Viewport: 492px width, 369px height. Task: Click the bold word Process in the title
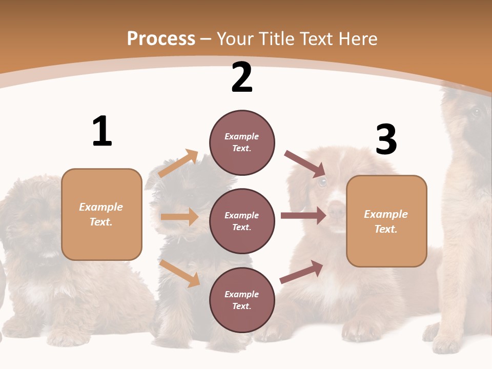[161, 38]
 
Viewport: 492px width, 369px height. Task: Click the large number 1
[102, 131]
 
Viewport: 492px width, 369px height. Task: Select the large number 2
[242, 77]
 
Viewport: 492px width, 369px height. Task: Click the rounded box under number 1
[101, 214]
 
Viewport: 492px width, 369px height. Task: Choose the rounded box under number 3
[386, 221]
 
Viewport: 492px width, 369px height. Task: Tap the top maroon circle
[242, 142]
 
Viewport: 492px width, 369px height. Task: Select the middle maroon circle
[242, 221]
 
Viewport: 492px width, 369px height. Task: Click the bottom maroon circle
[242, 300]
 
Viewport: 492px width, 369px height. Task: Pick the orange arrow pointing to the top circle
[178, 163]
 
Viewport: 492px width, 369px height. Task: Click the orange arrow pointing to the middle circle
[179, 217]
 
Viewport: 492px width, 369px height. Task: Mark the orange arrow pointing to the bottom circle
[180, 273]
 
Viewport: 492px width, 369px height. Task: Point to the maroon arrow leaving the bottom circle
[302, 272]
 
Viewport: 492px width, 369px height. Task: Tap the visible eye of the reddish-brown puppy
[322, 181]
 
